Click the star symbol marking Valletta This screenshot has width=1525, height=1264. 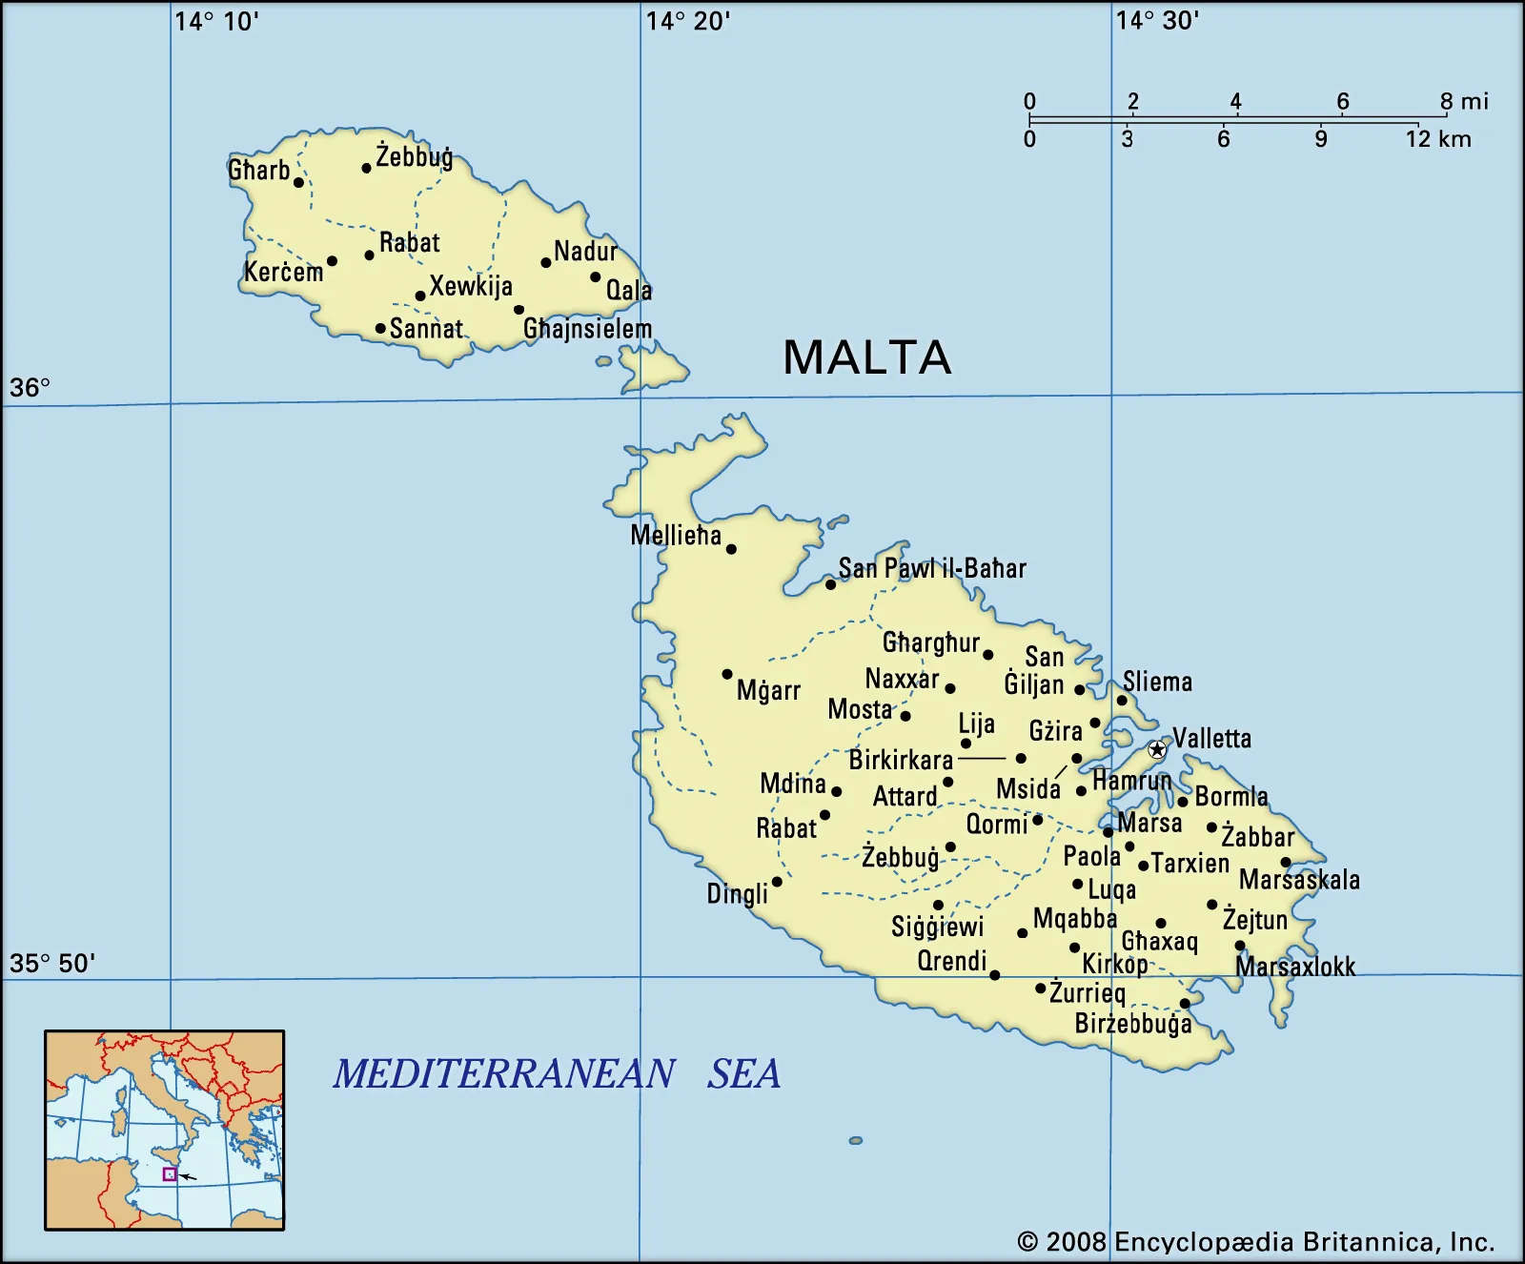1157,749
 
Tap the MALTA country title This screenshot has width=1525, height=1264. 866,358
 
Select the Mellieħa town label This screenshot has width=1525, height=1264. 676,536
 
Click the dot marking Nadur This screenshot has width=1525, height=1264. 546,262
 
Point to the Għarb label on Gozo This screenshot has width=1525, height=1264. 259,171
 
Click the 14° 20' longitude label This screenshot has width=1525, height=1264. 688,21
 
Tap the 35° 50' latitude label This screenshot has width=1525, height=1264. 52,963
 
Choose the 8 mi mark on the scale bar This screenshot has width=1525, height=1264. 1463,101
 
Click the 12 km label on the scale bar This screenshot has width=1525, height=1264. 1438,139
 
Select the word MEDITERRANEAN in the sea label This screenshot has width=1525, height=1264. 504,1074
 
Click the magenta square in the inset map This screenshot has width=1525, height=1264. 170,1174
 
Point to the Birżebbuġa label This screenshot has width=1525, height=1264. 1133,1024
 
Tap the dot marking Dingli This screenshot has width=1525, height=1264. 777,882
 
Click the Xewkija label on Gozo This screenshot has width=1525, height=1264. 471,286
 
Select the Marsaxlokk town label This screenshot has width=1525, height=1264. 1295,967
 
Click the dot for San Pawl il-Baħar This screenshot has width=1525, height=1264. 830,584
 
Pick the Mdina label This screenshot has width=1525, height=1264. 793,784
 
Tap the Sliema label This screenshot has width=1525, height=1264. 1157,682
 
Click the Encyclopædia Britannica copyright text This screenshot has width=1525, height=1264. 1255,1242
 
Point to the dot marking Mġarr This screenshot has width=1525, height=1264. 727,674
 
